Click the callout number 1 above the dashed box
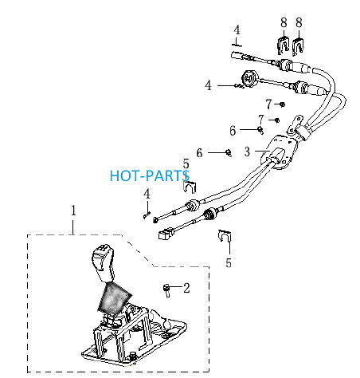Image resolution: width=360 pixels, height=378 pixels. tap(73, 211)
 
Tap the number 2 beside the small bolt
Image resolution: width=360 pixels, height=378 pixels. tap(186, 288)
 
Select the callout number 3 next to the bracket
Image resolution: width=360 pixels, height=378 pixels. tap(247, 152)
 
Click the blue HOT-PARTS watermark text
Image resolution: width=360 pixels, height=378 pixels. tap(149, 175)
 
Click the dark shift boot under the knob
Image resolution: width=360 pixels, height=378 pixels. tap(114, 297)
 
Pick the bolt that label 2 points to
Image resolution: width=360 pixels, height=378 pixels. tap(166, 290)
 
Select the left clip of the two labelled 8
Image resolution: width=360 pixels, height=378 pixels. tap(284, 45)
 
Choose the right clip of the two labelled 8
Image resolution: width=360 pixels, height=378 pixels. tap(299, 46)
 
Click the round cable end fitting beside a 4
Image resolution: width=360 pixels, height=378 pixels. tap(249, 78)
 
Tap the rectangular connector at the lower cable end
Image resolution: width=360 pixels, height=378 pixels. tap(166, 234)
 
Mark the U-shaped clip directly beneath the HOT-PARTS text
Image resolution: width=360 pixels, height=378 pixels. tap(190, 187)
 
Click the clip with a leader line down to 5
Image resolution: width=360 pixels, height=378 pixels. tap(225, 235)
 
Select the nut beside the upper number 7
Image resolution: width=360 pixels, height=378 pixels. tap(283, 104)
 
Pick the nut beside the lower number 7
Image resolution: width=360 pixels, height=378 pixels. tap(276, 120)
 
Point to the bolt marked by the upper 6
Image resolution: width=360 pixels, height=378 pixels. tap(260, 130)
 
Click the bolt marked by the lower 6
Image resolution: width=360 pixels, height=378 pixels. tap(229, 153)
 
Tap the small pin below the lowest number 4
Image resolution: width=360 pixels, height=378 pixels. tap(147, 215)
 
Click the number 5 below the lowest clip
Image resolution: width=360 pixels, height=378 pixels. tap(229, 262)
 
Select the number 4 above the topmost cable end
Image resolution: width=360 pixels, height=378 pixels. tap(237, 30)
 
